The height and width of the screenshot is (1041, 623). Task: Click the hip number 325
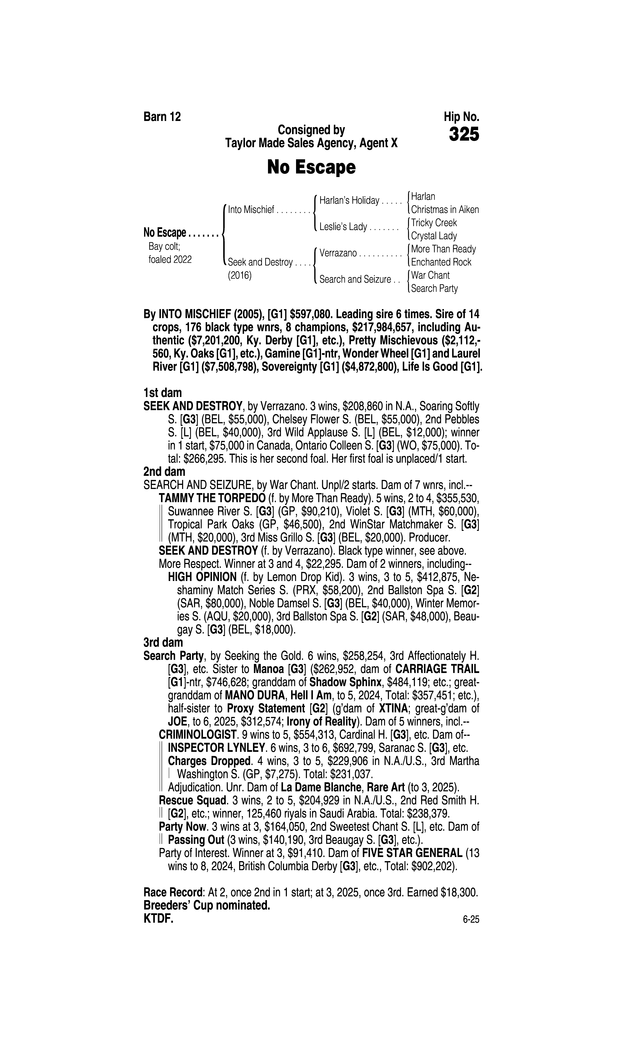[463, 135]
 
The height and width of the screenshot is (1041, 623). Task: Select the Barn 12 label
[162, 117]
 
